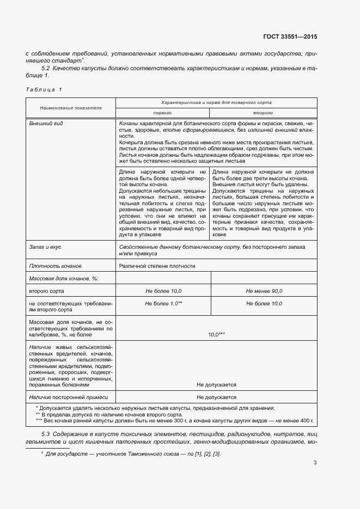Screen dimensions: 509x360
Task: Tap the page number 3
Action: pos(315,463)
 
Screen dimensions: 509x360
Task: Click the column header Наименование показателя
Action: pos(71,108)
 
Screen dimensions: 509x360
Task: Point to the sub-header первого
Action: pos(162,114)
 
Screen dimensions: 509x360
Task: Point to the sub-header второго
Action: pos(264,114)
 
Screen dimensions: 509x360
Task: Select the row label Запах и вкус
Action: pos(45,247)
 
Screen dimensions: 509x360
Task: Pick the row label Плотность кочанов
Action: pos(56,266)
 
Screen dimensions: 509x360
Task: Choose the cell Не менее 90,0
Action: pos(264,291)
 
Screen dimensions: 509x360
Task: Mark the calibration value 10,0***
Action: pos(216,334)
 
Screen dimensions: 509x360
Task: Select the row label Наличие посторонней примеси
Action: pos(69,397)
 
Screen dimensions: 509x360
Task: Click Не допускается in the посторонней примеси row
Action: pos(216,397)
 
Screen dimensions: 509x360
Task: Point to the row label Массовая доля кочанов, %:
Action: pos(63,278)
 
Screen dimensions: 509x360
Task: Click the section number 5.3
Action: pos(46,433)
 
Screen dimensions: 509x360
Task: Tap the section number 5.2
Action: pos(46,69)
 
